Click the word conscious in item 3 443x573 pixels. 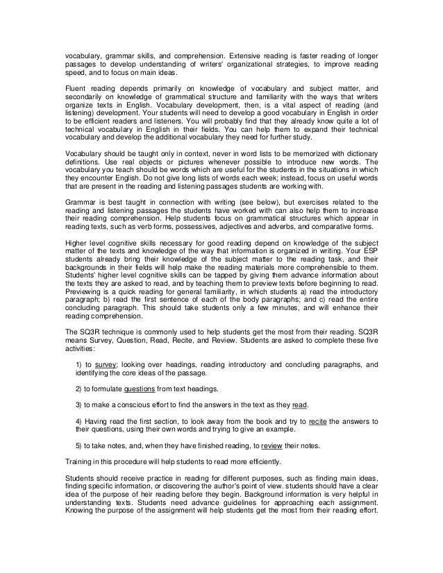139,404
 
